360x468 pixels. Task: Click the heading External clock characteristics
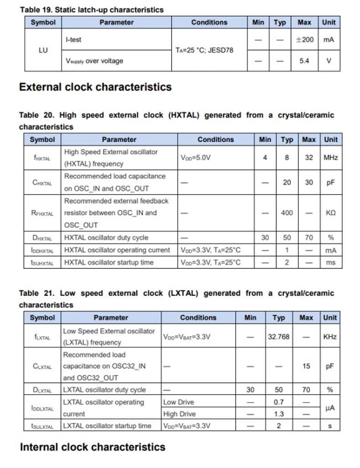point(95,87)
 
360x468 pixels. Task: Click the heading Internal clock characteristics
point(93,447)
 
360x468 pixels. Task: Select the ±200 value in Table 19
point(304,40)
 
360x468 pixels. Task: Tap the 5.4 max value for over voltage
point(304,61)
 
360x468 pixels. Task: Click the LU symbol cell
point(43,50)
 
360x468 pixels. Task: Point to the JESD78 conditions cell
point(204,50)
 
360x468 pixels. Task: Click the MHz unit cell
point(330,158)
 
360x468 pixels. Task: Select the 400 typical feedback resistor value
point(287,213)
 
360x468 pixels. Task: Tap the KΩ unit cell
point(330,213)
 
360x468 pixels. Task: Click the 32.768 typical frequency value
point(278,337)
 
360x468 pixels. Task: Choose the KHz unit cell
point(329,337)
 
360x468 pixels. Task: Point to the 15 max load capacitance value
point(306,366)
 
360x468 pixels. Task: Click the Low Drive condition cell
point(179,402)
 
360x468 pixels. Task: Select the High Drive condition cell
point(180,414)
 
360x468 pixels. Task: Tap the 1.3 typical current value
point(278,414)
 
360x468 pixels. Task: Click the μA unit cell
point(329,408)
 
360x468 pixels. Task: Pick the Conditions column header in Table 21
point(198,318)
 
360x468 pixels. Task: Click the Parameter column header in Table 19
point(117,22)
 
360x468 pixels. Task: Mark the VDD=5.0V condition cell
point(196,158)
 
